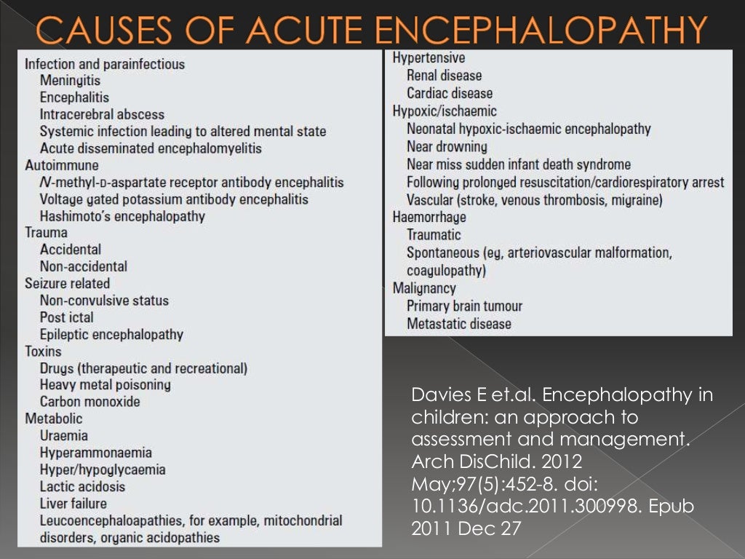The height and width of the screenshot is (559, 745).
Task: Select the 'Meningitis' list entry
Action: (71, 81)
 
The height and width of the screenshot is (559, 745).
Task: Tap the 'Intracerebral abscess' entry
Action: (102, 114)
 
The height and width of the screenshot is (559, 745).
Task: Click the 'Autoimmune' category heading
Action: (62, 165)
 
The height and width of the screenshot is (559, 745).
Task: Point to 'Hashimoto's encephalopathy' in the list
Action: (122, 216)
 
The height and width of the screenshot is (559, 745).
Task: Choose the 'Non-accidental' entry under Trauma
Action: (84, 266)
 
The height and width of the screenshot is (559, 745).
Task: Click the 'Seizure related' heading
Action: (67, 283)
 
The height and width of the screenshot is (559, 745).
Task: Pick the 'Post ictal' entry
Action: (67, 317)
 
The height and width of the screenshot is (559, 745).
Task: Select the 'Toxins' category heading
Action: (43, 352)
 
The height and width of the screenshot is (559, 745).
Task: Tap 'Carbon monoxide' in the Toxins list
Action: (90, 402)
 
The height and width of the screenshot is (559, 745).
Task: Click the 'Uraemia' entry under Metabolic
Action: (64, 435)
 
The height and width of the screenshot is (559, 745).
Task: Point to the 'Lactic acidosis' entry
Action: (82, 486)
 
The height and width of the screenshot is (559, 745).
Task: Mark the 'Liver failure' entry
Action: (73, 503)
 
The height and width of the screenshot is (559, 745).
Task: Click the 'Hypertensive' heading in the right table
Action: (429, 58)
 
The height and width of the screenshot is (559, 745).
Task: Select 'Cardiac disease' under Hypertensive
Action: (450, 93)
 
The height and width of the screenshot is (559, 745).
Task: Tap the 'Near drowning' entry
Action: (447, 146)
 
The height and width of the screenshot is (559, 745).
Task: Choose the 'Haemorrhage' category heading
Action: (429, 217)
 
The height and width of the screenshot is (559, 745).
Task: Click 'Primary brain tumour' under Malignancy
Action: (464, 306)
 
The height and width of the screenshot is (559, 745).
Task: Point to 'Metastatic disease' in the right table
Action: (459, 324)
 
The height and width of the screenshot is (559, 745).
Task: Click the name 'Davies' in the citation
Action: (434, 396)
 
